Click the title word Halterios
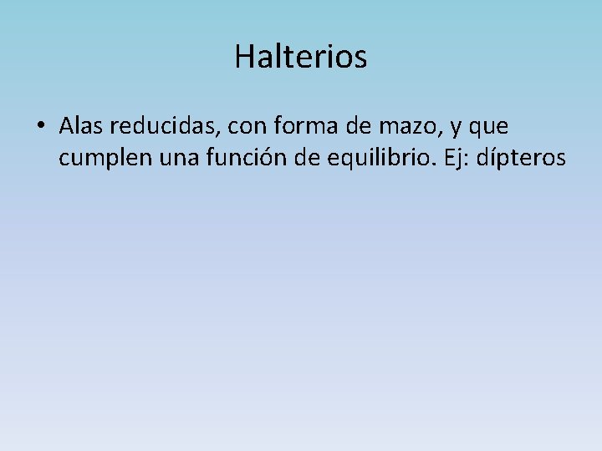[300, 57]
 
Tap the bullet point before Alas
[40, 128]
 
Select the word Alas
[81, 127]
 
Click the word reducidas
[159, 127]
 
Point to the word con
[240, 129]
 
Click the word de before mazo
[347, 127]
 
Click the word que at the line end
[490, 130]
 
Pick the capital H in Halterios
[243, 57]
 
